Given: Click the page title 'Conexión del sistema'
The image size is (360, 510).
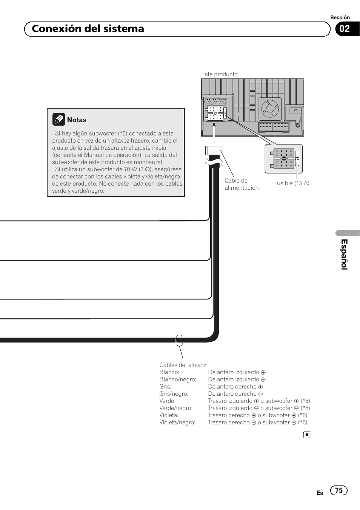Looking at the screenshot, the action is pos(88,29).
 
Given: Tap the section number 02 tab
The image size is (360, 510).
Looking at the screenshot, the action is pos(345,29).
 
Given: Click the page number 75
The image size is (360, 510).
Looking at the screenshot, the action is pos(338,490).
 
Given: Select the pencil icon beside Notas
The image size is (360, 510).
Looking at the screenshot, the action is pos(58,120).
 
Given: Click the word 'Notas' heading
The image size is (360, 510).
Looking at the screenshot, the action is pos(77,120).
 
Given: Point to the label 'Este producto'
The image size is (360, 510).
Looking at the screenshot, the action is pos(219,74).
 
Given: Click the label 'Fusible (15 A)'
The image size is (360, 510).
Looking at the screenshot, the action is pos(291,183).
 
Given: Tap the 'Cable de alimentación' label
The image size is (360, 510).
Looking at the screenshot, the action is pos(242,184).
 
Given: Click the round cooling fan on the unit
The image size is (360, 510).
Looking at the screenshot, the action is pos(270,109).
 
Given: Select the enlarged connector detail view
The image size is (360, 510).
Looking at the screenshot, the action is pos(284,158).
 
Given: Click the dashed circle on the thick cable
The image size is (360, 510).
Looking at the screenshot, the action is pos(179,341).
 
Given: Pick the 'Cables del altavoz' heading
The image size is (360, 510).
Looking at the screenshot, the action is pos(183,365).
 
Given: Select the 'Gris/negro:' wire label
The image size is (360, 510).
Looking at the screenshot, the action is pos(174,394).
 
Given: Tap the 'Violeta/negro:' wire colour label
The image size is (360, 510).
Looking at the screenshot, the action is pos(177,422).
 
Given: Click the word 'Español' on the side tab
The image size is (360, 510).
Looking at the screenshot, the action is pos(344,254).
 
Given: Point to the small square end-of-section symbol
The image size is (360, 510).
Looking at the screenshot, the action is pos(307,435).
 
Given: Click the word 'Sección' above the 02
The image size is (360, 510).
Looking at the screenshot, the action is pos(340,17).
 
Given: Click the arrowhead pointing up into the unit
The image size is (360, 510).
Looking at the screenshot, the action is pos(214,124).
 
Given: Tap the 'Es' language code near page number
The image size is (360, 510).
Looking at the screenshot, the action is pos(320,493).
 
